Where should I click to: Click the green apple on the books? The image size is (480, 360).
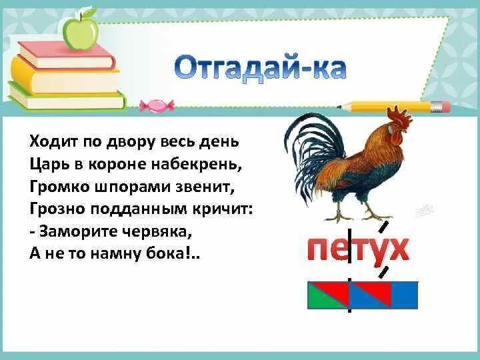pyautogui.click(x=80, y=31)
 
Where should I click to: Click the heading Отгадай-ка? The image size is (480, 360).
pyautogui.click(x=261, y=69)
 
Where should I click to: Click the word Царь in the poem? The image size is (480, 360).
pyautogui.click(x=46, y=163)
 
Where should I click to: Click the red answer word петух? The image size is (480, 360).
pyautogui.click(x=357, y=249)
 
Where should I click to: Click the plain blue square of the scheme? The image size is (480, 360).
pyautogui.click(x=404, y=295)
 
